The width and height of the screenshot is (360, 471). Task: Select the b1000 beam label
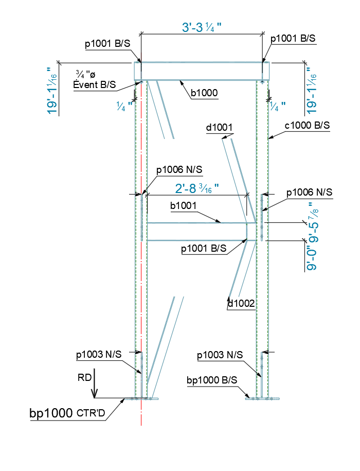204,93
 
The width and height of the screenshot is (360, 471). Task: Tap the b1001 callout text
184,206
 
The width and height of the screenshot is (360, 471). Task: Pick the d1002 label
241,304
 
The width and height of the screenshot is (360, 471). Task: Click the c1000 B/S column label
308,125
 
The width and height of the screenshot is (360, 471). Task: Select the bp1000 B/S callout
212,380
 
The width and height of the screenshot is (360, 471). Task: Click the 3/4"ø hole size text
85,75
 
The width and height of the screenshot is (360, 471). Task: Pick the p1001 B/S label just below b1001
204,248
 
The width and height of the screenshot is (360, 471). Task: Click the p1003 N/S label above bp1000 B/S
220,355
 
